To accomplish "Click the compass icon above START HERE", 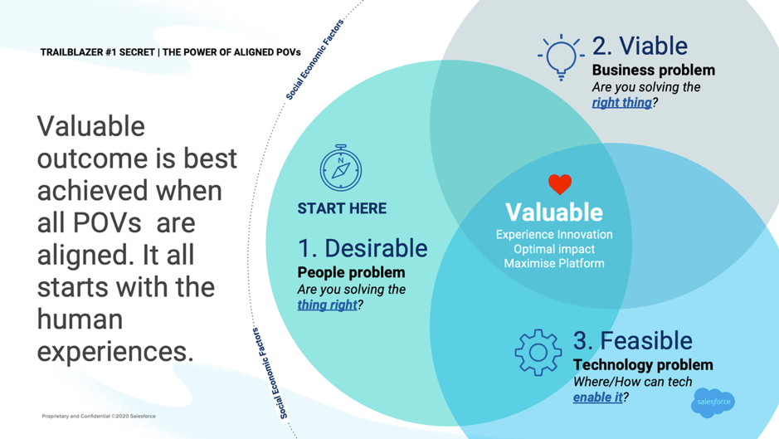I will coord(341,168).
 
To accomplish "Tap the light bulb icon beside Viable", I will coord(560,56).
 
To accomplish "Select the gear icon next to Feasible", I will coord(538,352).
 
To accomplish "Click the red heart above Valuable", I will coord(560,183).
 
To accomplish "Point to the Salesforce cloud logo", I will coord(713,402).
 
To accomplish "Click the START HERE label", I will coord(342,208).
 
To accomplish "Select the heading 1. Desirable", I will coord(363,248).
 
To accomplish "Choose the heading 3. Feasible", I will coord(632,340).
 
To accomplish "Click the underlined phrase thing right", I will coord(327,305).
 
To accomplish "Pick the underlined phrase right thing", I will coord(621,103).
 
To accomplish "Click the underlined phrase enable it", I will coord(597,397).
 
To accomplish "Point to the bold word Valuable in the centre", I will coord(554,212).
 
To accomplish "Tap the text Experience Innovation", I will coord(554,235).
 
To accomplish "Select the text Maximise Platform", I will coord(554,263).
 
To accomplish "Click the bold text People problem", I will coord(351,272).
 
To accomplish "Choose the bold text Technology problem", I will coord(643,364).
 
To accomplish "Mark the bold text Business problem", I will coord(653,70).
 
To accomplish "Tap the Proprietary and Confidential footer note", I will coord(99,416).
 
